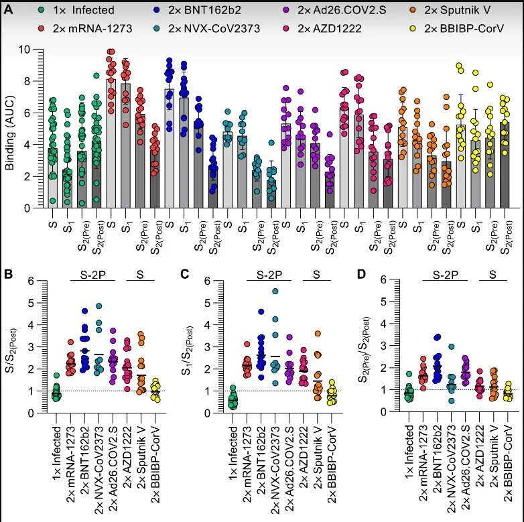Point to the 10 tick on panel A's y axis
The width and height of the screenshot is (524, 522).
[x=23, y=50]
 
